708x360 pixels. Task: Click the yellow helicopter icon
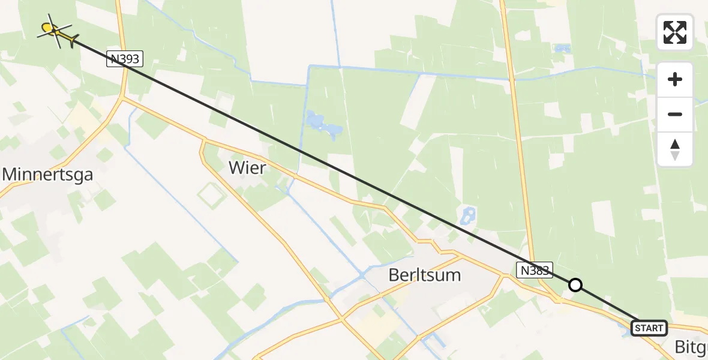point(55,31)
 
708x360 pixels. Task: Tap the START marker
point(649,328)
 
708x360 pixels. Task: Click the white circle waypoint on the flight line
point(575,285)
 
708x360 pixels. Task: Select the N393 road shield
point(125,59)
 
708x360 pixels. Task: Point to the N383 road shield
point(534,271)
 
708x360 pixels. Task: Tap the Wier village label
point(247,168)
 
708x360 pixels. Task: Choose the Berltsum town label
point(425,275)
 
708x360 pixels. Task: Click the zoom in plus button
point(675,79)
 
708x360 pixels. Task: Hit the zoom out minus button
point(675,114)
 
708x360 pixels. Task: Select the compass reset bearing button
point(675,149)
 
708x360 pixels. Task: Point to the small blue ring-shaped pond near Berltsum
point(468,214)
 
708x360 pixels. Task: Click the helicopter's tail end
point(73,41)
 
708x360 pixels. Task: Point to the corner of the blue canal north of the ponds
point(310,66)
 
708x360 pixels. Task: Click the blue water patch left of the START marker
point(624,329)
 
